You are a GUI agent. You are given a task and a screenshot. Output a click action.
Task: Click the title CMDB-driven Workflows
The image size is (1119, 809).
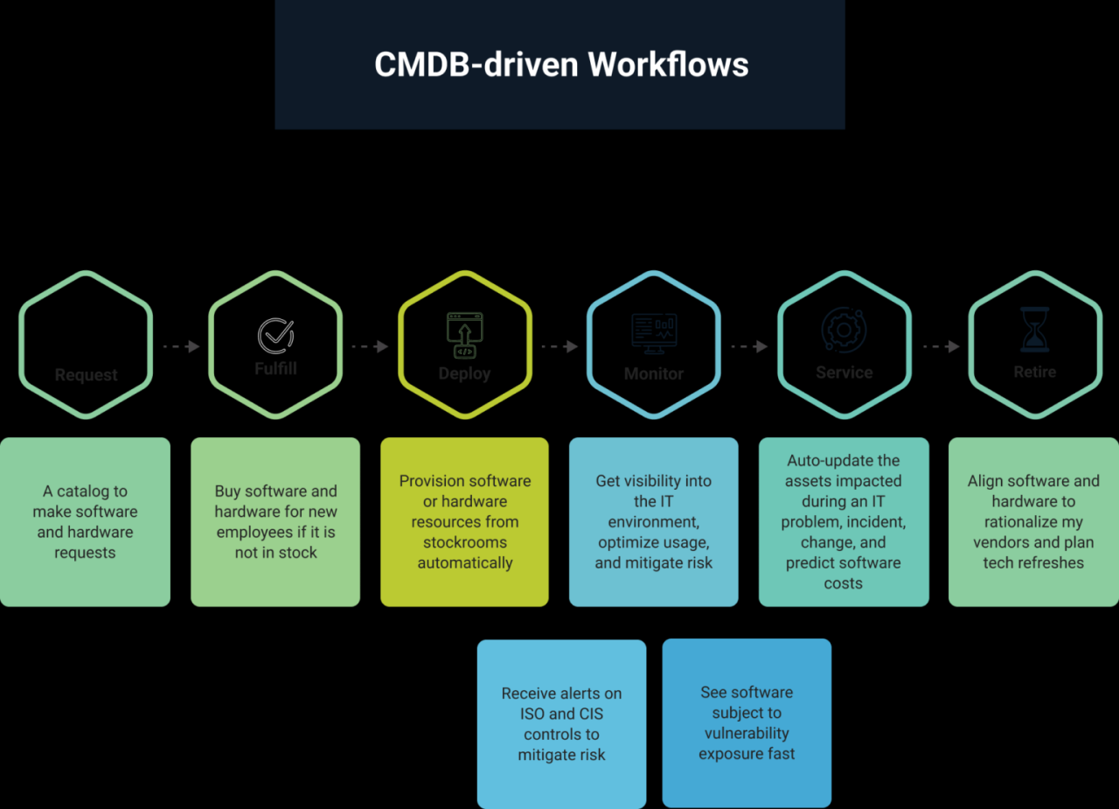click(560, 66)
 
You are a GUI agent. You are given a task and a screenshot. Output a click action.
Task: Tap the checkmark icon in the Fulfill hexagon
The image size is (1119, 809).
click(275, 336)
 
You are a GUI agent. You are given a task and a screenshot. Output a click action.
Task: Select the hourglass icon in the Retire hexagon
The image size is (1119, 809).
click(1034, 330)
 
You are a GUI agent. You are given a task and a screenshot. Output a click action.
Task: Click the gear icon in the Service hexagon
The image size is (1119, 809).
click(844, 330)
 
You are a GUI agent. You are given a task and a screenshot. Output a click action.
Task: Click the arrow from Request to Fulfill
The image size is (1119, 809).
click(181, 346)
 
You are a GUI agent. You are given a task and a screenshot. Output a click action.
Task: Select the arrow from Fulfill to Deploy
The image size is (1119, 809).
click(370, 346)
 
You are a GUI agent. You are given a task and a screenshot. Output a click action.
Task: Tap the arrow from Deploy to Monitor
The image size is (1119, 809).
click(559, 346)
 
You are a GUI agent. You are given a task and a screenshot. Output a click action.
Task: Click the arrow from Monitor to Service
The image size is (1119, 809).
click(749, 346)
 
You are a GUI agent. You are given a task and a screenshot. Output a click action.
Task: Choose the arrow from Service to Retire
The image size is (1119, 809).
click(941, 346)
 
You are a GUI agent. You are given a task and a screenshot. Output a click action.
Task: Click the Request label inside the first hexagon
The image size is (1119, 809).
click(86, 375)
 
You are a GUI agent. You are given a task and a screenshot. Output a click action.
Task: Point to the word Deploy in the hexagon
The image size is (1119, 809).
click(464, 373)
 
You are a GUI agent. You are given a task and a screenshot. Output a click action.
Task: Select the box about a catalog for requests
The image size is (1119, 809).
click(85, 522)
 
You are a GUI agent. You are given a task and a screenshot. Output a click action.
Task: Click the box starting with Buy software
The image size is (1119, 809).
click(275, 522)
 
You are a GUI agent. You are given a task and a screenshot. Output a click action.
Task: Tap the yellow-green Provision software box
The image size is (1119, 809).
click(464, 522)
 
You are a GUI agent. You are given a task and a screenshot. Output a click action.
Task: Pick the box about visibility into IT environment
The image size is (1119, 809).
click(654, 522)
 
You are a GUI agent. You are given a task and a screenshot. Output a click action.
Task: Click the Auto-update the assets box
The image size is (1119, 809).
click(844, 522)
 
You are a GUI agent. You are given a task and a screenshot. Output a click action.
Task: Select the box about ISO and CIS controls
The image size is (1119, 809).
click(561, 724)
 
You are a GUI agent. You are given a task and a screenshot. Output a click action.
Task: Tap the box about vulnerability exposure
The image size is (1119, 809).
click(747, 723)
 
